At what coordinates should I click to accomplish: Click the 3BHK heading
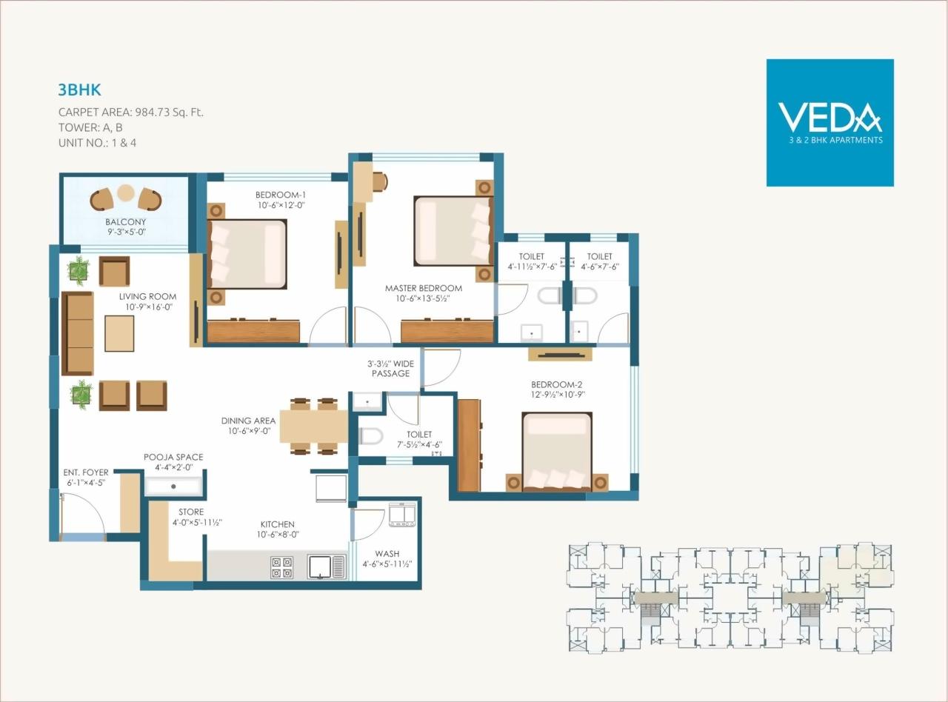tap(79, 90)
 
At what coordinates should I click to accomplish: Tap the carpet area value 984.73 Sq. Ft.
tap(169, 113)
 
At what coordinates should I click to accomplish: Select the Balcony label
tap(125, 221)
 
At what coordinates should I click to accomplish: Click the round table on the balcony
tap(126, 194)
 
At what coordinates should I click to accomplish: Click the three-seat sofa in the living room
tap(77, 333)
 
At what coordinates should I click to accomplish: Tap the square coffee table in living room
tap(119, 333)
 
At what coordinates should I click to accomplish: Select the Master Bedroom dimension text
tap(423, 299)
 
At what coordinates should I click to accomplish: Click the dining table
tap(314, 426)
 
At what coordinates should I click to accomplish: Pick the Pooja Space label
tap(173, 457)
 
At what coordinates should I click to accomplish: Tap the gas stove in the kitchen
tap(281, 566)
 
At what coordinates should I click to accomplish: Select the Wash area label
tap(387, 553)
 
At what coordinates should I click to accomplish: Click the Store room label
tap(191, 512)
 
